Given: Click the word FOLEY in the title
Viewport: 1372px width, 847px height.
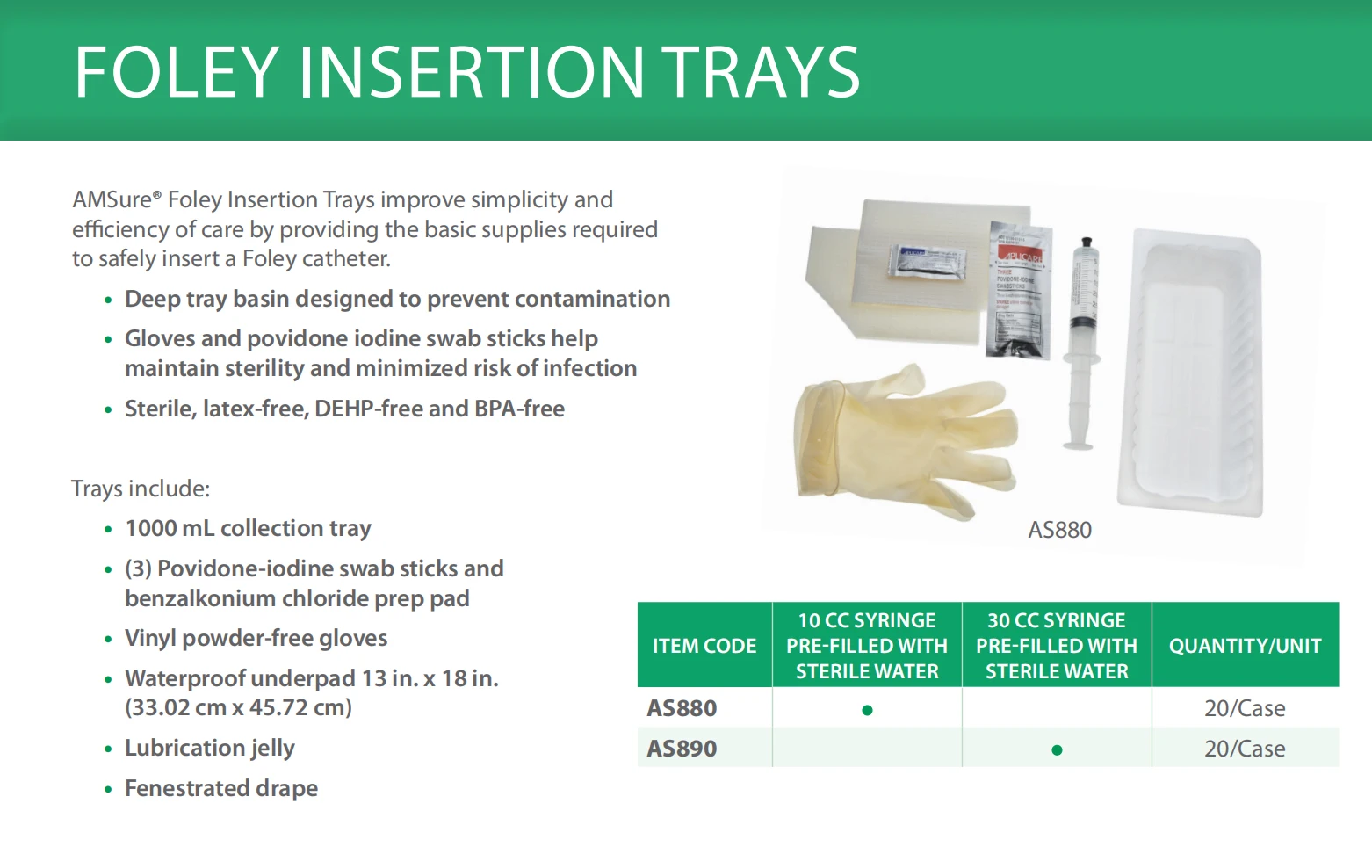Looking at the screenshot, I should (x=177, y=72).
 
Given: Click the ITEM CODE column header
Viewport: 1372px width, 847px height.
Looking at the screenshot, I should (x=704, y=646).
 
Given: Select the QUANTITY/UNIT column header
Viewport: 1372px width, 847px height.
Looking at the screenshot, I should (x=1245, y=646).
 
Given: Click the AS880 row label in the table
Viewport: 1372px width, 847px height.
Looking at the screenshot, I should (x=682, y=708).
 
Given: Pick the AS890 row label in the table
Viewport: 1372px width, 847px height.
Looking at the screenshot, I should (x=682, y=749).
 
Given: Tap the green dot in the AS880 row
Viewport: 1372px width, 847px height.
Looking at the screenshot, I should (x=867, y=710).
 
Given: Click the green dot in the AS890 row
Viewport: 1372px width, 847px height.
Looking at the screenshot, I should (x=1057, y=750).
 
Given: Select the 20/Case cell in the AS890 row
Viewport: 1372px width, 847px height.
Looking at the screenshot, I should (x=1245, y=749).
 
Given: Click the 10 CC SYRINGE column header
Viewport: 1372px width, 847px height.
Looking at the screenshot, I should (x=867, y=646).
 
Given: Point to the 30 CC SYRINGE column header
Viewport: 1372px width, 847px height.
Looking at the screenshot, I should (x=1057, y=646).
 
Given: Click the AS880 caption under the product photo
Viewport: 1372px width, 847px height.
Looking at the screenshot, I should (x=1059, y=530).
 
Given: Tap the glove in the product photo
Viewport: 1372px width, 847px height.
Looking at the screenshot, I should (x=896, y=439).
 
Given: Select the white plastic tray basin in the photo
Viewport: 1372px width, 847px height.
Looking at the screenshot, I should (x=1193, y=373).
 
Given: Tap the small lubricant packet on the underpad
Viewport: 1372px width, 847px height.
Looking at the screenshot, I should (x=927, y=262).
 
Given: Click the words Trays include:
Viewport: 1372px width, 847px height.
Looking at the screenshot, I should (x=141, y=489).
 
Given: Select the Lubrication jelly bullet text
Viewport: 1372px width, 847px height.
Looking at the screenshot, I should (x=210, y=748).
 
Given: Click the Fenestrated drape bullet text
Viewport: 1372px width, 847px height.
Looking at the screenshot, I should (x=221, y=788).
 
